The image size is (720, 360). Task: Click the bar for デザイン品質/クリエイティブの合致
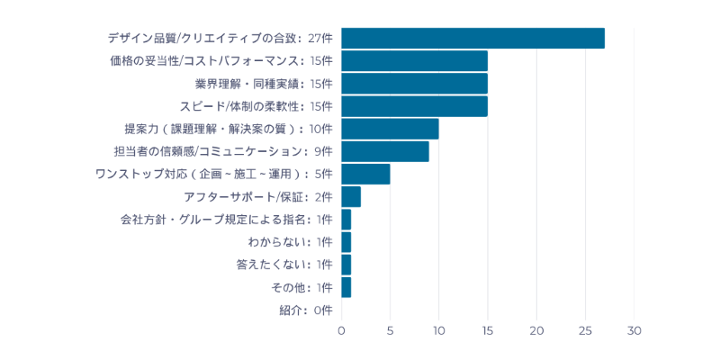472,38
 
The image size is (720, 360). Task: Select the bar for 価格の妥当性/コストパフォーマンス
414,60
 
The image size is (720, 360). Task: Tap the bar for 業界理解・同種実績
414,84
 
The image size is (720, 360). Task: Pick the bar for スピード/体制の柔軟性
414,106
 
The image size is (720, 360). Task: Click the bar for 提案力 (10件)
390,129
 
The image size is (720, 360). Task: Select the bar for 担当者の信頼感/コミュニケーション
385,151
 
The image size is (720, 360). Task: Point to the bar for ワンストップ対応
365,174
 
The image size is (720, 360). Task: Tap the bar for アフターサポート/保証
351,196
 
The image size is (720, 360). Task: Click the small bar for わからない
346,242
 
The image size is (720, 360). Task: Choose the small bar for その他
346,287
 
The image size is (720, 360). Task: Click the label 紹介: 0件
306,310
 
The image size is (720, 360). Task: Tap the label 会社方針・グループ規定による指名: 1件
226,220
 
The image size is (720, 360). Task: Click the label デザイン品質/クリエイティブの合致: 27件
220,38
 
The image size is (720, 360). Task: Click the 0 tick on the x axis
341,330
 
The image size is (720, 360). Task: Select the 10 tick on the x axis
439,330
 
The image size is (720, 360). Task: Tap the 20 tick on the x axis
536,330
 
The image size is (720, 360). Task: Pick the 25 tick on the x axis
585,330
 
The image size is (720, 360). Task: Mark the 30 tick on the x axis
634,330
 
